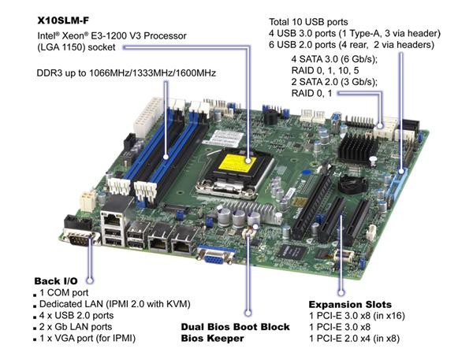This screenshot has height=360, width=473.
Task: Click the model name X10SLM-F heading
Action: (63, 20)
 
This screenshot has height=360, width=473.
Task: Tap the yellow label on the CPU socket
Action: (237, 163)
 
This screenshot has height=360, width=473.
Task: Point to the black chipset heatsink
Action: (357, 148)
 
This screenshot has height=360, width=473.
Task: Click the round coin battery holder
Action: (352, 184)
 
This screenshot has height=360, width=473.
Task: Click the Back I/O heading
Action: (56, 281)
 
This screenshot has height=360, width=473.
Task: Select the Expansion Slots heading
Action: (350, 304)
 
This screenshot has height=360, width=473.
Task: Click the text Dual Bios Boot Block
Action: (235, 327)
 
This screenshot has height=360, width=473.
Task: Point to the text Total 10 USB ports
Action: (308, 22)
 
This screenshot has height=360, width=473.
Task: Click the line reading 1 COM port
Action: (64, 292)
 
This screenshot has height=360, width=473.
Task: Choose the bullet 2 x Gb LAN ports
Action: (76, 327)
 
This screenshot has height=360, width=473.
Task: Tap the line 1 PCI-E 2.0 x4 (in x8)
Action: (355, 338)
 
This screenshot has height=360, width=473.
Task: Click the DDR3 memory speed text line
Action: (126, 73)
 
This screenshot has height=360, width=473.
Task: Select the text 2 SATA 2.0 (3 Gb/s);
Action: (334, 82)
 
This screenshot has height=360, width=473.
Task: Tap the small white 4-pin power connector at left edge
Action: (88, 201)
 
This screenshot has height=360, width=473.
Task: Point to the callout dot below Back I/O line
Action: (90, 280)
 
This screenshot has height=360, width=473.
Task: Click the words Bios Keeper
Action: (212, 338)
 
